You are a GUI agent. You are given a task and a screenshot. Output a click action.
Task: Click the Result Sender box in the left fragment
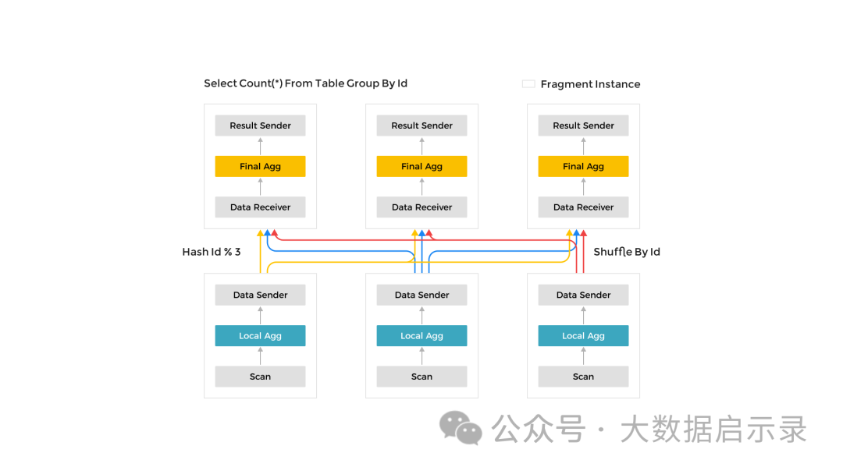(x=260, y=126)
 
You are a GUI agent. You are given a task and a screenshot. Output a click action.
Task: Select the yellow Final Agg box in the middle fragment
(x=421, y=166)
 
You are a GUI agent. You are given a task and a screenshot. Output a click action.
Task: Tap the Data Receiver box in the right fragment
(x=583, y=207)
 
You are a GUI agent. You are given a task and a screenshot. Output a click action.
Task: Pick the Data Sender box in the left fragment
(x=260, y=295)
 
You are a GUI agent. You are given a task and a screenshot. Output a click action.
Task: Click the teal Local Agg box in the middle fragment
(x=421, y=336)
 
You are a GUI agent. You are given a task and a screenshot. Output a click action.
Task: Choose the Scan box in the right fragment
(x=583, y=377)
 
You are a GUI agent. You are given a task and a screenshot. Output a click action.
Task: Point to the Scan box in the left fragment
(x=260, y=377)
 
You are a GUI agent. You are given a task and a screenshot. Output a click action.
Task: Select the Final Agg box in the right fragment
(x=583, y=166)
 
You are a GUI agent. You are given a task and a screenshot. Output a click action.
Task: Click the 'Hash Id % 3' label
(x=211, y=252)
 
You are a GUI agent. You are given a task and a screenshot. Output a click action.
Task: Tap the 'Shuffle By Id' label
(x=627, y=252)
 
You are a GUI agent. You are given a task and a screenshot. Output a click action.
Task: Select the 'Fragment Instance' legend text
(x=590, y=84)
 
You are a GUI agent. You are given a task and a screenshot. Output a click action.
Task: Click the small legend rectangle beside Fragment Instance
(x=528, y=83)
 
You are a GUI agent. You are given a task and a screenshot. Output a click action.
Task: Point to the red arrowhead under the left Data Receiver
(x=274, y=233)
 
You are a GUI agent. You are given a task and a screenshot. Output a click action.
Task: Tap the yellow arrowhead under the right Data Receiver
(x=569, y=233)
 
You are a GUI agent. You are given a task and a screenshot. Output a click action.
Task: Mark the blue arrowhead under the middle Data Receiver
(x=421, y=233)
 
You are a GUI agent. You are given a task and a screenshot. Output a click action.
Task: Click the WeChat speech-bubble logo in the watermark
(x=461, y=428)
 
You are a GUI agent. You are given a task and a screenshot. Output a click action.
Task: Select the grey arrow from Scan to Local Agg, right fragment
(x=583, y=356)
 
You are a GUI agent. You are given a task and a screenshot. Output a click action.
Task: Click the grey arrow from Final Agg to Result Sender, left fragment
(x=260, y=146)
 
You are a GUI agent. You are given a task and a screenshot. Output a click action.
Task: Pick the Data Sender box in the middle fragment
(x=421, y=295)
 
